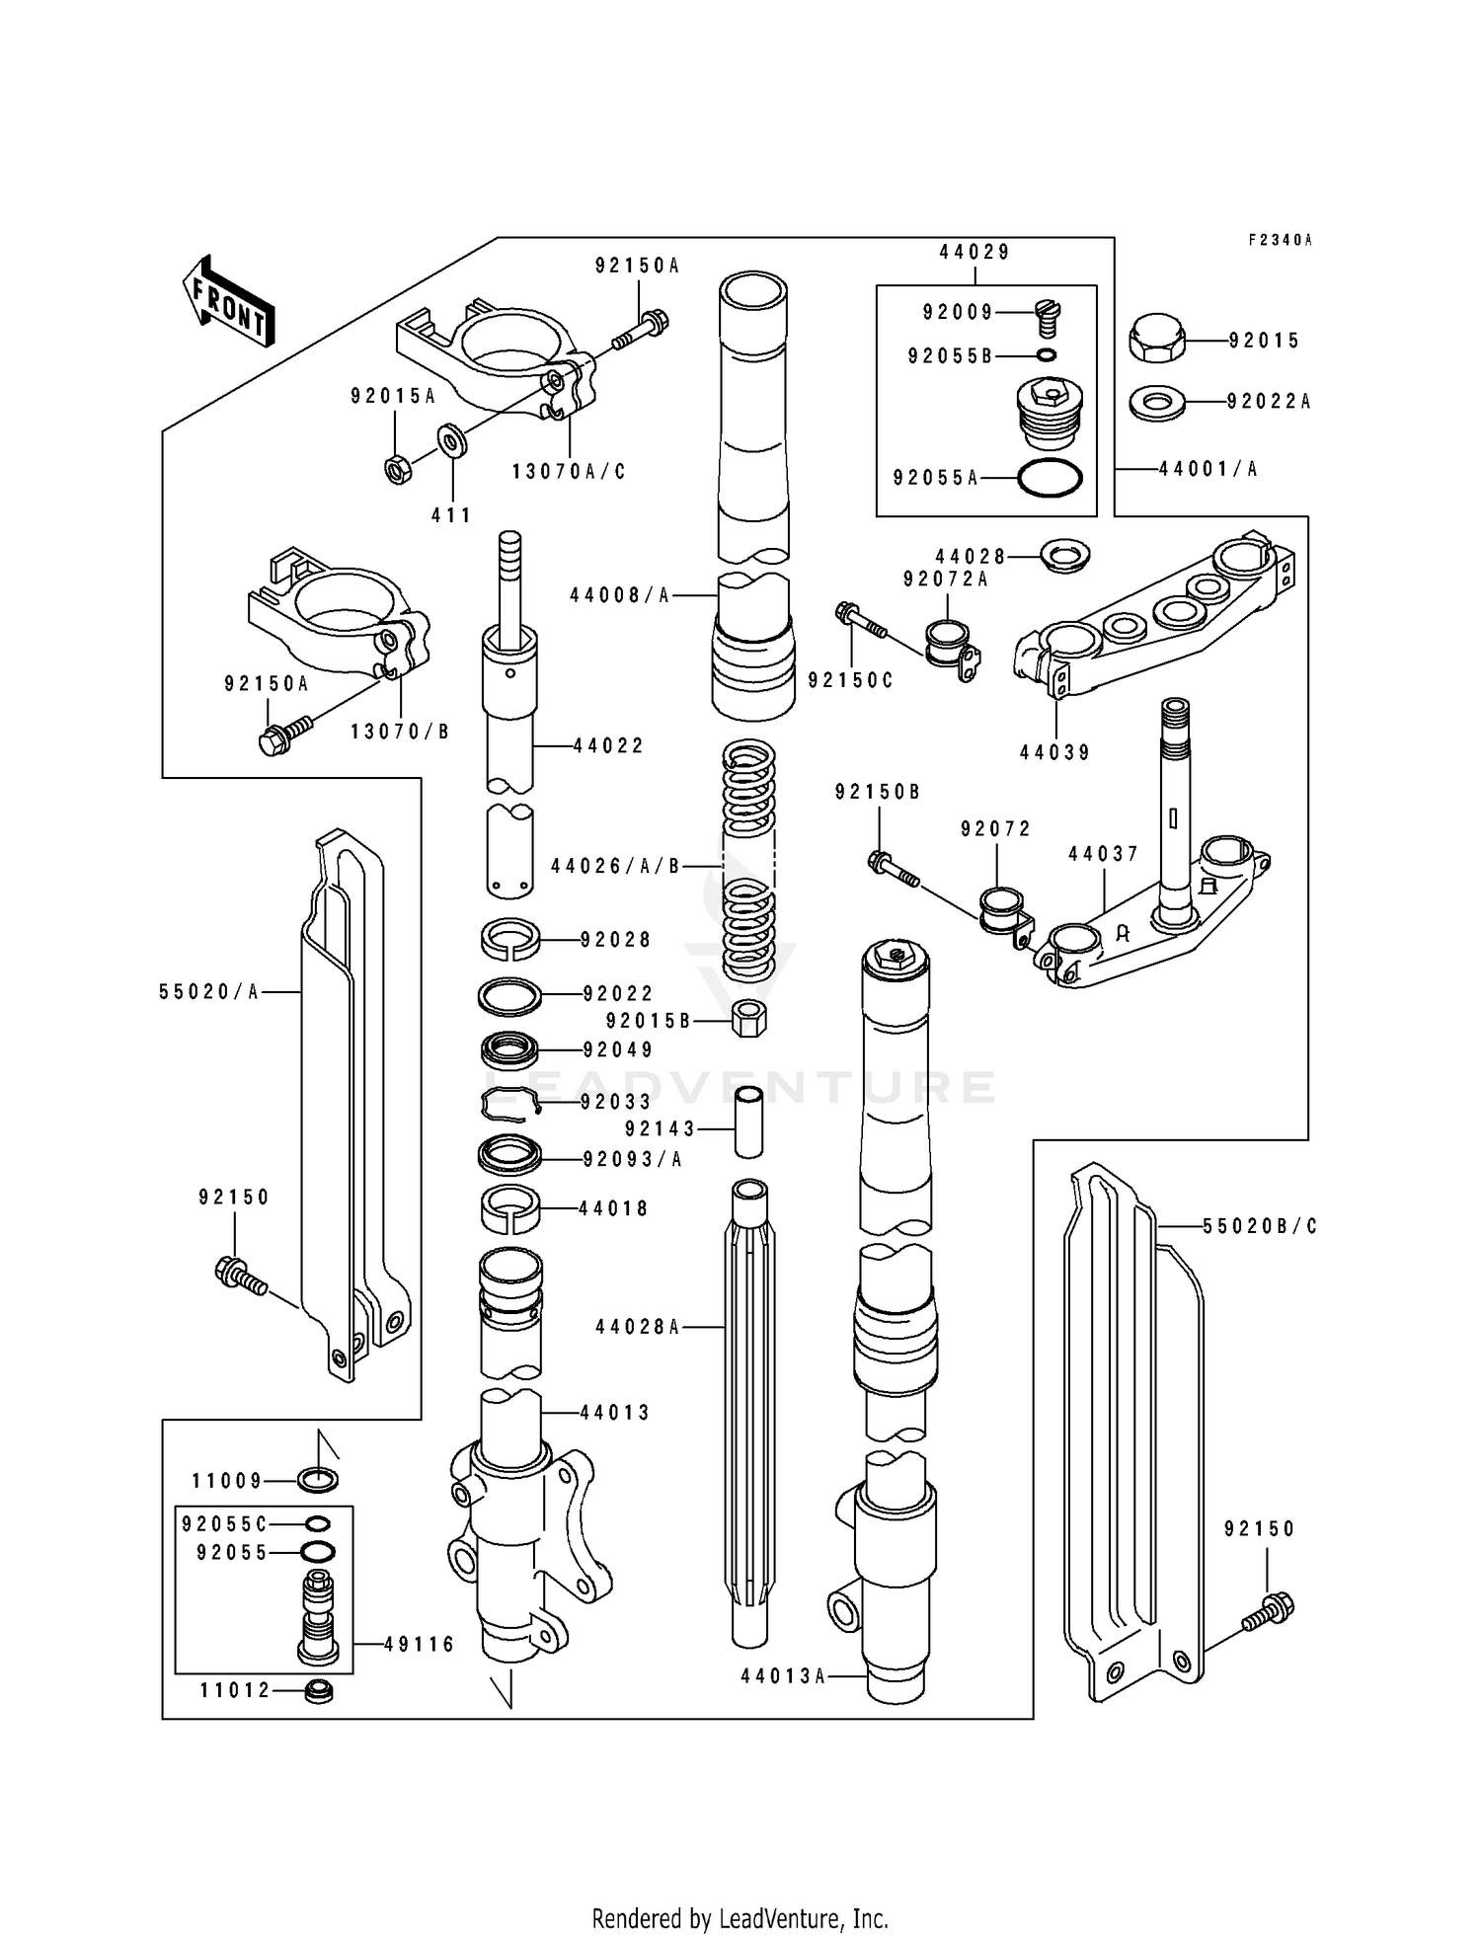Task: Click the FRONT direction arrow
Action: pos(228,302)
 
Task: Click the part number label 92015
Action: pos(1264,341)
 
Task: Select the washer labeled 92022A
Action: pos(1157,403)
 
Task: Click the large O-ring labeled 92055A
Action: pos(1050,478)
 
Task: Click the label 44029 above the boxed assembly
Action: pos(974,253)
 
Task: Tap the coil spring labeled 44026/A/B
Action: pos(749,859)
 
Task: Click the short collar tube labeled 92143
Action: pos(749,1123)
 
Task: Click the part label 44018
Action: pos(613,1208)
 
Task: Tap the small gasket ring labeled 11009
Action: pos(317,1480)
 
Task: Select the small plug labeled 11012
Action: pos(318,1691)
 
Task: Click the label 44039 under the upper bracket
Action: pos(1055,753)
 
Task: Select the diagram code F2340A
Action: pos(1280,240)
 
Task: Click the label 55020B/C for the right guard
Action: pos(1260,1226)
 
